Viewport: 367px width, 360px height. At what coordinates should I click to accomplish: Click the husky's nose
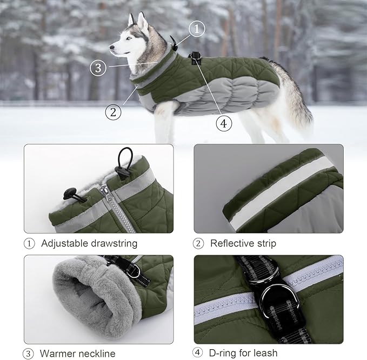[112, 48]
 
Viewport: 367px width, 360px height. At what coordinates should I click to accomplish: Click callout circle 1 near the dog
[197, 29]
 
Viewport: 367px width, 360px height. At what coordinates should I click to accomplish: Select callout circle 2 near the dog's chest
[112, 112]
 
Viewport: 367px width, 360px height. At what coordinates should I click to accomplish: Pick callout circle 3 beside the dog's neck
[97, 68]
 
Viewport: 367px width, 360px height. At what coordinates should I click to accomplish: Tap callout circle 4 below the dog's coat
[224, 123]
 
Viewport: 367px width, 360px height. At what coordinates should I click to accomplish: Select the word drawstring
[115, 243]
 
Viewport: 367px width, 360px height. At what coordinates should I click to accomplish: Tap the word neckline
[97, 354]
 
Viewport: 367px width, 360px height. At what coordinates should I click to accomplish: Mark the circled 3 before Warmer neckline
[29, 354]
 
